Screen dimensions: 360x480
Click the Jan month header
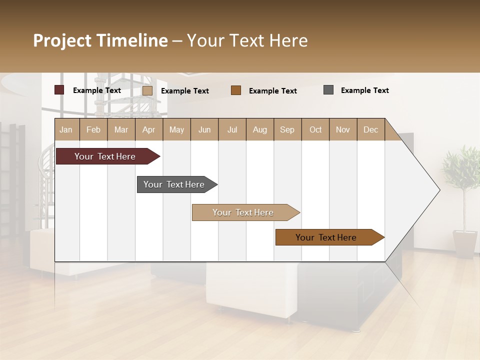point(66,129)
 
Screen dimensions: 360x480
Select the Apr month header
point(148,129)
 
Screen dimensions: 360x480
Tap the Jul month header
point(232,129)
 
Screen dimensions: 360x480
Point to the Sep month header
point(287,129)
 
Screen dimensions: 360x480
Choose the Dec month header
point(370,129)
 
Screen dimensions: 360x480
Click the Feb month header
point(93,129)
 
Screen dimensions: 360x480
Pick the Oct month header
point(315,129)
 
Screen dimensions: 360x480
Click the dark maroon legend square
point(59,90)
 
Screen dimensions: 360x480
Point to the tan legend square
point(147,90)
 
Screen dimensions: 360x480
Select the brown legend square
point(236,90)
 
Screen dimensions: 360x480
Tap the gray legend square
point(328,90)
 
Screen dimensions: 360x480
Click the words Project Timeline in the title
point(100,40)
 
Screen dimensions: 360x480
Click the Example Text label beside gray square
point(364,90)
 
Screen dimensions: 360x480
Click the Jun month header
point(204,129)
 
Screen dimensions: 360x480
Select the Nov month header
point(342,129)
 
